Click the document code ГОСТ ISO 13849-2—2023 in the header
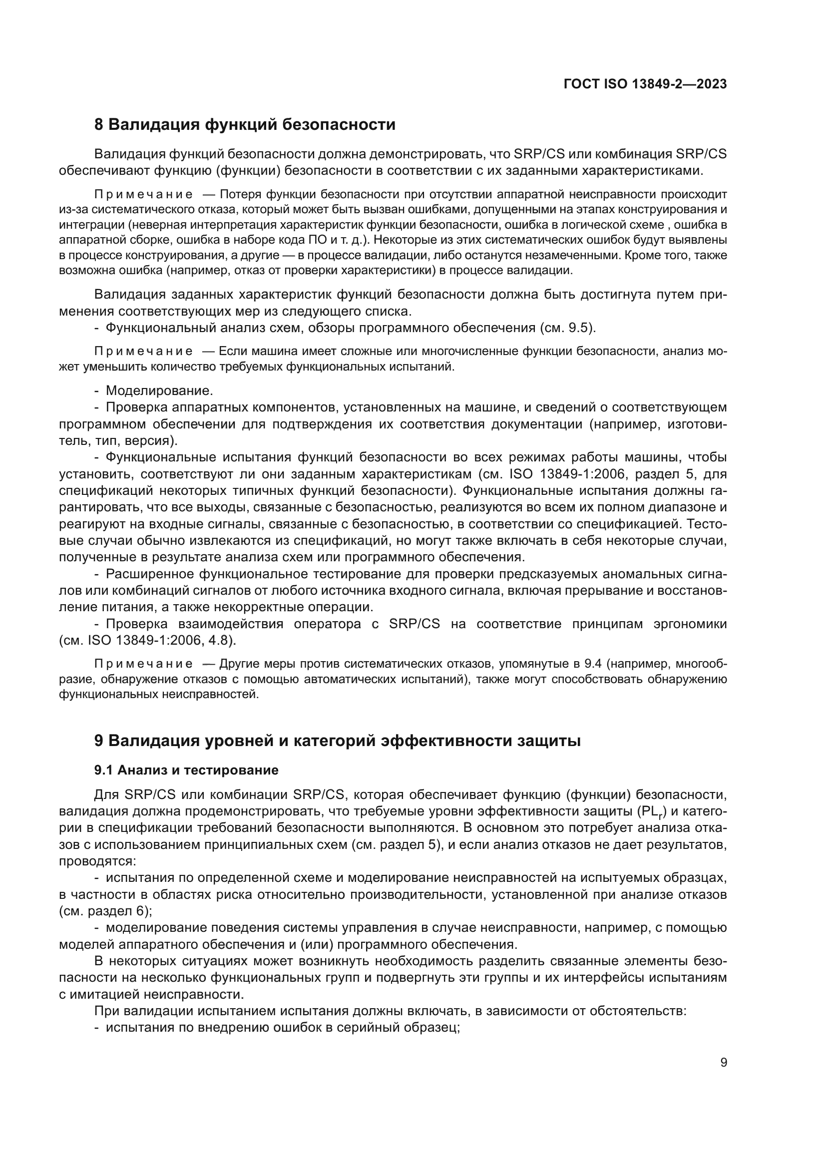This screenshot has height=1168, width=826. click(645, 84)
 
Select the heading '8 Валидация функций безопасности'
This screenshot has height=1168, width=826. click(245, 125)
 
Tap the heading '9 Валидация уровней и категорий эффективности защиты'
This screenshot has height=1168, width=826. click(337, 741)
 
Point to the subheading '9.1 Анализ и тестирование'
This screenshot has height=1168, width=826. click(186, 770)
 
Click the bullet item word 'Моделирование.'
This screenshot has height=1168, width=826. click(159, 390)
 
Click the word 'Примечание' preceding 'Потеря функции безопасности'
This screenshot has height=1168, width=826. click(143, 195)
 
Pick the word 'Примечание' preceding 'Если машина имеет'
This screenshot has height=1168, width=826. click(143, 352)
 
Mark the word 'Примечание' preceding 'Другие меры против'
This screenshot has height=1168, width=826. click(143, 664)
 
